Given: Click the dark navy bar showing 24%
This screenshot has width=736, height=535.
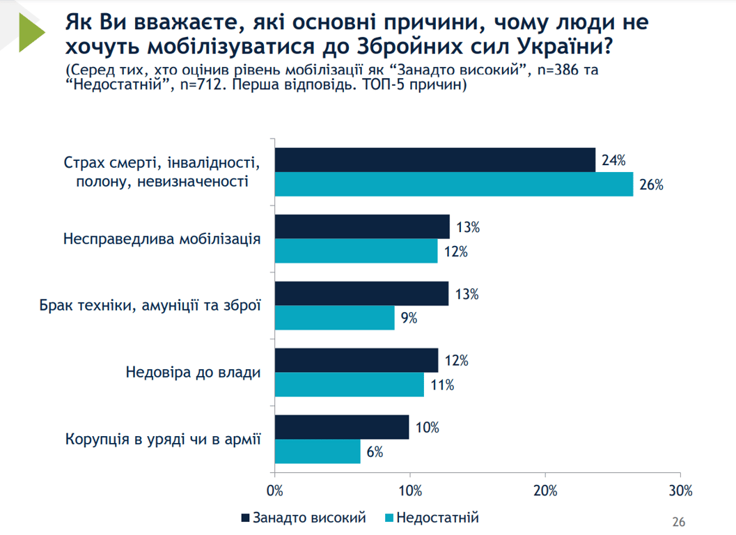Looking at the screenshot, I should (x=435, y=160).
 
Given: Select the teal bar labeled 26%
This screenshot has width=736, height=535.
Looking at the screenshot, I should (x=454, y=185).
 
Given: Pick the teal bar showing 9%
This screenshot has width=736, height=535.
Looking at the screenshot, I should (x=335, y=318).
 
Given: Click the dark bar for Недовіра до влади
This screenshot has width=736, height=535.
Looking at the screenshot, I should (x=357, y=361).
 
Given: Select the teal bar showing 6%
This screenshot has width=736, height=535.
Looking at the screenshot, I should (x=318, y=451).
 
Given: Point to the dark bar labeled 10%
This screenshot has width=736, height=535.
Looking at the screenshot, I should (x=342, y=428).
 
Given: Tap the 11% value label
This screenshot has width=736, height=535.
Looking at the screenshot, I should (x=443, y=385).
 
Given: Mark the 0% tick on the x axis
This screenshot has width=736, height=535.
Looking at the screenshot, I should (x=275, y=490).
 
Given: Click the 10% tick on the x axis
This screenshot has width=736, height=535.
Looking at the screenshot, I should (x=410, y=490).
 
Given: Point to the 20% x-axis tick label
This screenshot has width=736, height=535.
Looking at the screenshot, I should (x=545, y=490).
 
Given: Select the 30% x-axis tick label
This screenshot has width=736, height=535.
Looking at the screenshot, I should (x=680, y=490).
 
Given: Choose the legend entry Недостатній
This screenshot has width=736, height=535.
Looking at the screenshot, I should (x=431, y=518).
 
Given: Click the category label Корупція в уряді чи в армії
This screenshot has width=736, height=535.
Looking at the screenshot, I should (x=163, y=439).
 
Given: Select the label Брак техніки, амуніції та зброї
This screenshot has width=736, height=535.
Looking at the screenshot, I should (x=150, y=305).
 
